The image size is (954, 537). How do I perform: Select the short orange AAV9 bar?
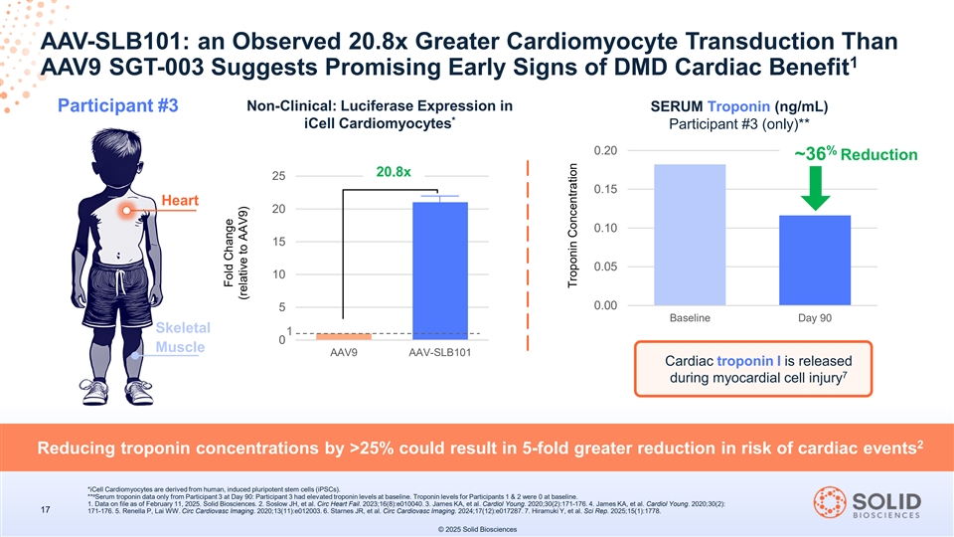tap(343, 336)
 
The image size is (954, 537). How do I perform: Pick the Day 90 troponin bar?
tap(814, 260)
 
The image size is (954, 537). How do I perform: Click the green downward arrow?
tap(814, 188)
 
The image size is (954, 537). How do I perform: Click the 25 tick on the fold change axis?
tap(278, 176)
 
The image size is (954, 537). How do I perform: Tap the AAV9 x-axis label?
tap(343, 354)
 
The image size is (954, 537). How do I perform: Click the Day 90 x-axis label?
tap(814, 318)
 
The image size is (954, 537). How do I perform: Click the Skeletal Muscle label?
tap(182, 337)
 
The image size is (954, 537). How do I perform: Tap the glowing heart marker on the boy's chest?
tap(126, 210)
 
